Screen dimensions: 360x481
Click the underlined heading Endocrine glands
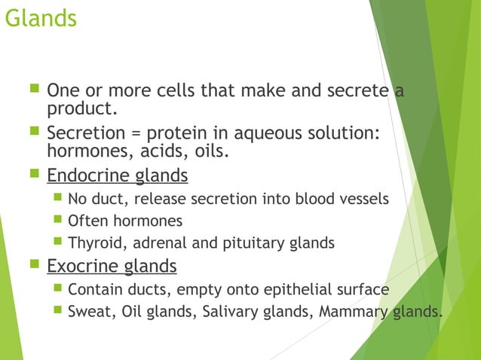(117, 176)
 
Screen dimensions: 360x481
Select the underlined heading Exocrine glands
(112, 266)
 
